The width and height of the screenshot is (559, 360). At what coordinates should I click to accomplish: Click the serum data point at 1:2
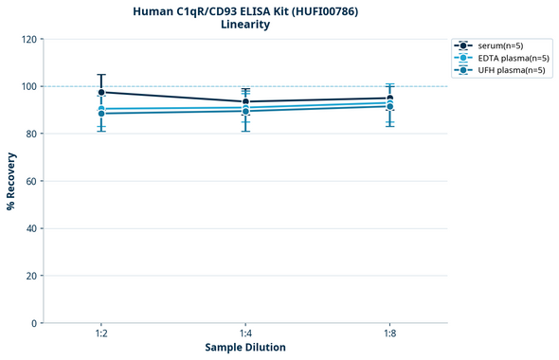(101, 92)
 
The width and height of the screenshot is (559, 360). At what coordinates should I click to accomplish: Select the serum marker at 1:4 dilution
(245, 101)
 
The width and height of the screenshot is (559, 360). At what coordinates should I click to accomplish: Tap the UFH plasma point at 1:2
(101, 114)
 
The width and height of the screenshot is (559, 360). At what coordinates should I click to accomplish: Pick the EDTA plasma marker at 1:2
(101, 109)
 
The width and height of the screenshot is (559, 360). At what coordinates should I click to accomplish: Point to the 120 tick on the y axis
(29, 39)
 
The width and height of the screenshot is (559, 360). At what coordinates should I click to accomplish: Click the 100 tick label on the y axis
(29, 86)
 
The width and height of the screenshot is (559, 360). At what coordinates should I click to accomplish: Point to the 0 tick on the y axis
(34, 323)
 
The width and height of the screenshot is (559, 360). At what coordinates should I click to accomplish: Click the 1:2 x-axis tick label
(101, 334)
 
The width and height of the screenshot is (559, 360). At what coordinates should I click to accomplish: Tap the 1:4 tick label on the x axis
(245, 334)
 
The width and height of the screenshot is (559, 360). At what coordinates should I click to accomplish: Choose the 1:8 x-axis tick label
(389, 334)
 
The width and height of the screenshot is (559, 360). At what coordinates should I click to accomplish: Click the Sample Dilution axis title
(245, 348)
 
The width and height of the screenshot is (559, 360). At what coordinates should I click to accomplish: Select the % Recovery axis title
(11, 181)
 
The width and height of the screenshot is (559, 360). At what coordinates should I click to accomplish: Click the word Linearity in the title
(244, 25)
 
